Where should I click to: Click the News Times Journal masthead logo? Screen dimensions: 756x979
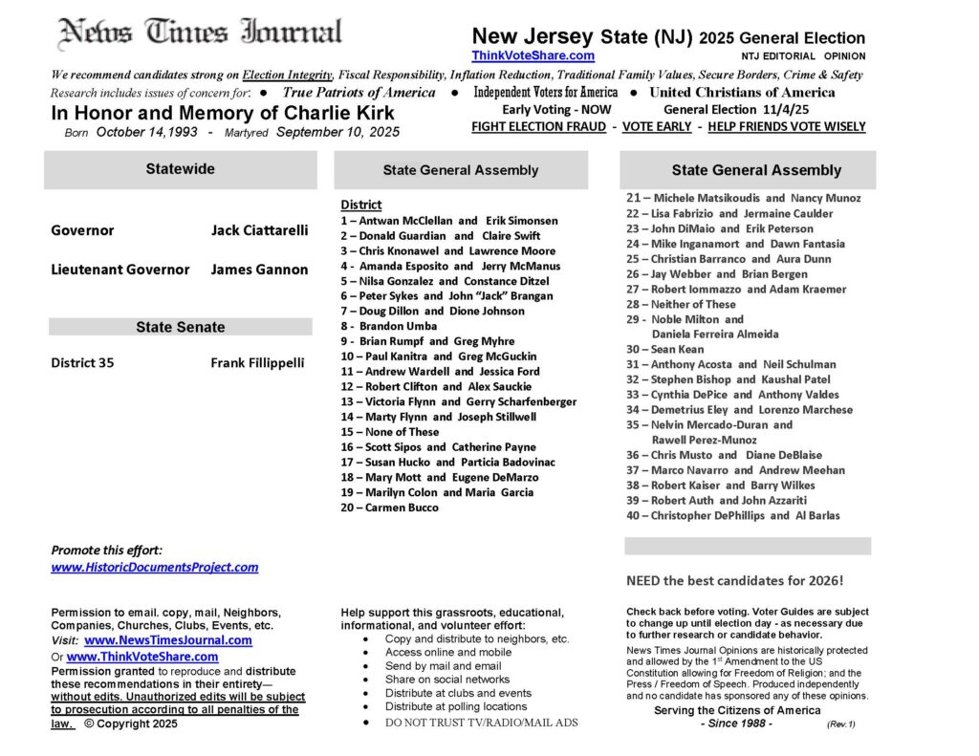pyautogui.click(x=200, y=32)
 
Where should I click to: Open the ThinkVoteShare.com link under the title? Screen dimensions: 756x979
pyautogui.click(x=533, y=55)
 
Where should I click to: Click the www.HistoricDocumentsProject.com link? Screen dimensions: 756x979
pyautogui.click(x=154, y=567)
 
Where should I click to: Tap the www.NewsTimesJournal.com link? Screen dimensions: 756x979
pyautogui.click(x=168, y=640)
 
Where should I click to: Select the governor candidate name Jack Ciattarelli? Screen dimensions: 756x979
pyautogui.click(x=259, y=230)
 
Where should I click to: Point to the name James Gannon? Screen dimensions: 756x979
pyautogui.click(x=259, y=270)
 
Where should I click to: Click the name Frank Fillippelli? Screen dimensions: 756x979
pyautogui.click(x=257, y=363)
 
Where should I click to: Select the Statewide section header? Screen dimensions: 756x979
pyautogui.click(x=180, y=169)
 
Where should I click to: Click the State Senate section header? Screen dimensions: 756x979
pyautogui.click(x=180, y=327)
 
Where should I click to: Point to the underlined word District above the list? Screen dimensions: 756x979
pyautogui.click(x=360, y=205)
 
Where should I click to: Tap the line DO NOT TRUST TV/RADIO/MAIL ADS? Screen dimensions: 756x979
pyautogui.click(x=481, y=723)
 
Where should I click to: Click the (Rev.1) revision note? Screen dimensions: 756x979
pyautogui.click(x=840, y=724)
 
